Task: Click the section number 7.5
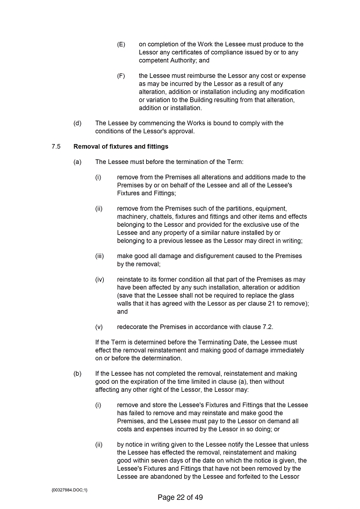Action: (49, 146)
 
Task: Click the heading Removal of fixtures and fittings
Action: (120, 146)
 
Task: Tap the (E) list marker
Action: (121, 44)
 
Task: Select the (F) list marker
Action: (121, 76)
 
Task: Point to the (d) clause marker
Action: (77, 123)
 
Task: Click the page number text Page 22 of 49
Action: (180, 497)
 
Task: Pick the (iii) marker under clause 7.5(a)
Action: (99, 256)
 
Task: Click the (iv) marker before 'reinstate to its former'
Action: (99, 279)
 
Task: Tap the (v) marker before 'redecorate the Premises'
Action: (99, 327)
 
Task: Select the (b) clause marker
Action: (77, 374)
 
